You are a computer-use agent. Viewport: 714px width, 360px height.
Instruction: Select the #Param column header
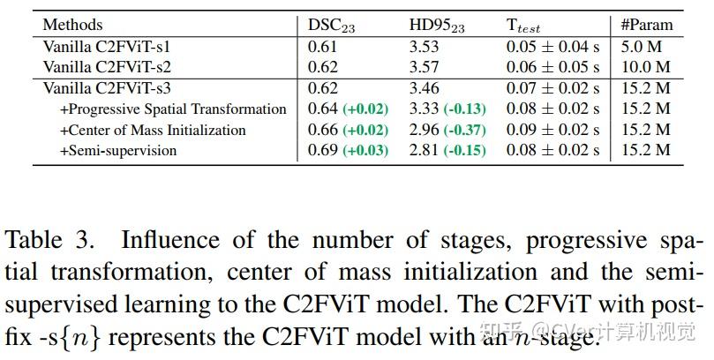point(647,24)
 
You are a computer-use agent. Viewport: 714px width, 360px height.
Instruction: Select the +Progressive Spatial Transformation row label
point(173,109)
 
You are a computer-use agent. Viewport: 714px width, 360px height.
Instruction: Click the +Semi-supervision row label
point(118,150)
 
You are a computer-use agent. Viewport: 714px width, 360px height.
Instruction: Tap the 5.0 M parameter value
point(645,45)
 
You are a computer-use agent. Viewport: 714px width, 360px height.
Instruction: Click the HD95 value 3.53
point(424,45)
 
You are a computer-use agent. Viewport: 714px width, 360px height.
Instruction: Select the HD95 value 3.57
point(424,66)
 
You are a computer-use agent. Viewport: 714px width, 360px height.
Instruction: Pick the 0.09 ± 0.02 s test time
point(552,130)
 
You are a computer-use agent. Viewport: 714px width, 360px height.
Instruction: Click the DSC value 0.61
point(321,45)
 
